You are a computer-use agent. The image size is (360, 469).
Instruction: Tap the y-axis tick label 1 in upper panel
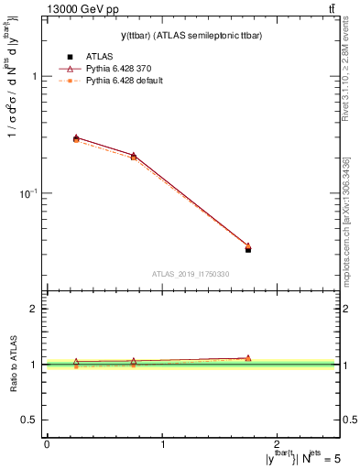34,77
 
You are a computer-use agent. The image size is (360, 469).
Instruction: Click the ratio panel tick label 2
34,310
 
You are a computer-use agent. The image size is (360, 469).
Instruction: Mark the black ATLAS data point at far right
248,249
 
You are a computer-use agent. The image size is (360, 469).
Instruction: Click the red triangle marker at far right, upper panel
248,245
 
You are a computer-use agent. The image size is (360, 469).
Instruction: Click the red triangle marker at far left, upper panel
76,137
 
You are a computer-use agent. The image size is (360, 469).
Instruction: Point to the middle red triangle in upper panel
134,156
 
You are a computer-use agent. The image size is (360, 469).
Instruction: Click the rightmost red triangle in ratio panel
248,358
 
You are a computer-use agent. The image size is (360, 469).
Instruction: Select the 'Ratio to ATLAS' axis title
14,364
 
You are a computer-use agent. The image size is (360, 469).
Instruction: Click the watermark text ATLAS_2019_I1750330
191,274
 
